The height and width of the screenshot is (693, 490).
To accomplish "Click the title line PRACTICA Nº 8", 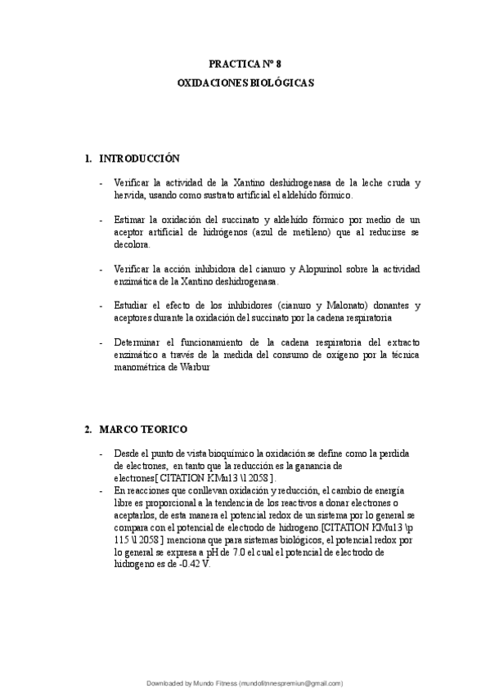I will (245, 63).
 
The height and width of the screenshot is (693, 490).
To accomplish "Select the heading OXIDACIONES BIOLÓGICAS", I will (245, 83).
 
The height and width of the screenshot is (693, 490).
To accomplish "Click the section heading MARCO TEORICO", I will (143, 429).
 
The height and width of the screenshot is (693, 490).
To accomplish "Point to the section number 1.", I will (88, 158).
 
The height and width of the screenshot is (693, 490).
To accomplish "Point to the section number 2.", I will (88, 429).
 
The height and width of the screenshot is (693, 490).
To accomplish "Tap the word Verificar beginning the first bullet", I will (133, 183).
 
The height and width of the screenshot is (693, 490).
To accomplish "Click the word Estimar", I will (131, 220).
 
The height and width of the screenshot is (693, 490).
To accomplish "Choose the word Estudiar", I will (133, 306).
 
